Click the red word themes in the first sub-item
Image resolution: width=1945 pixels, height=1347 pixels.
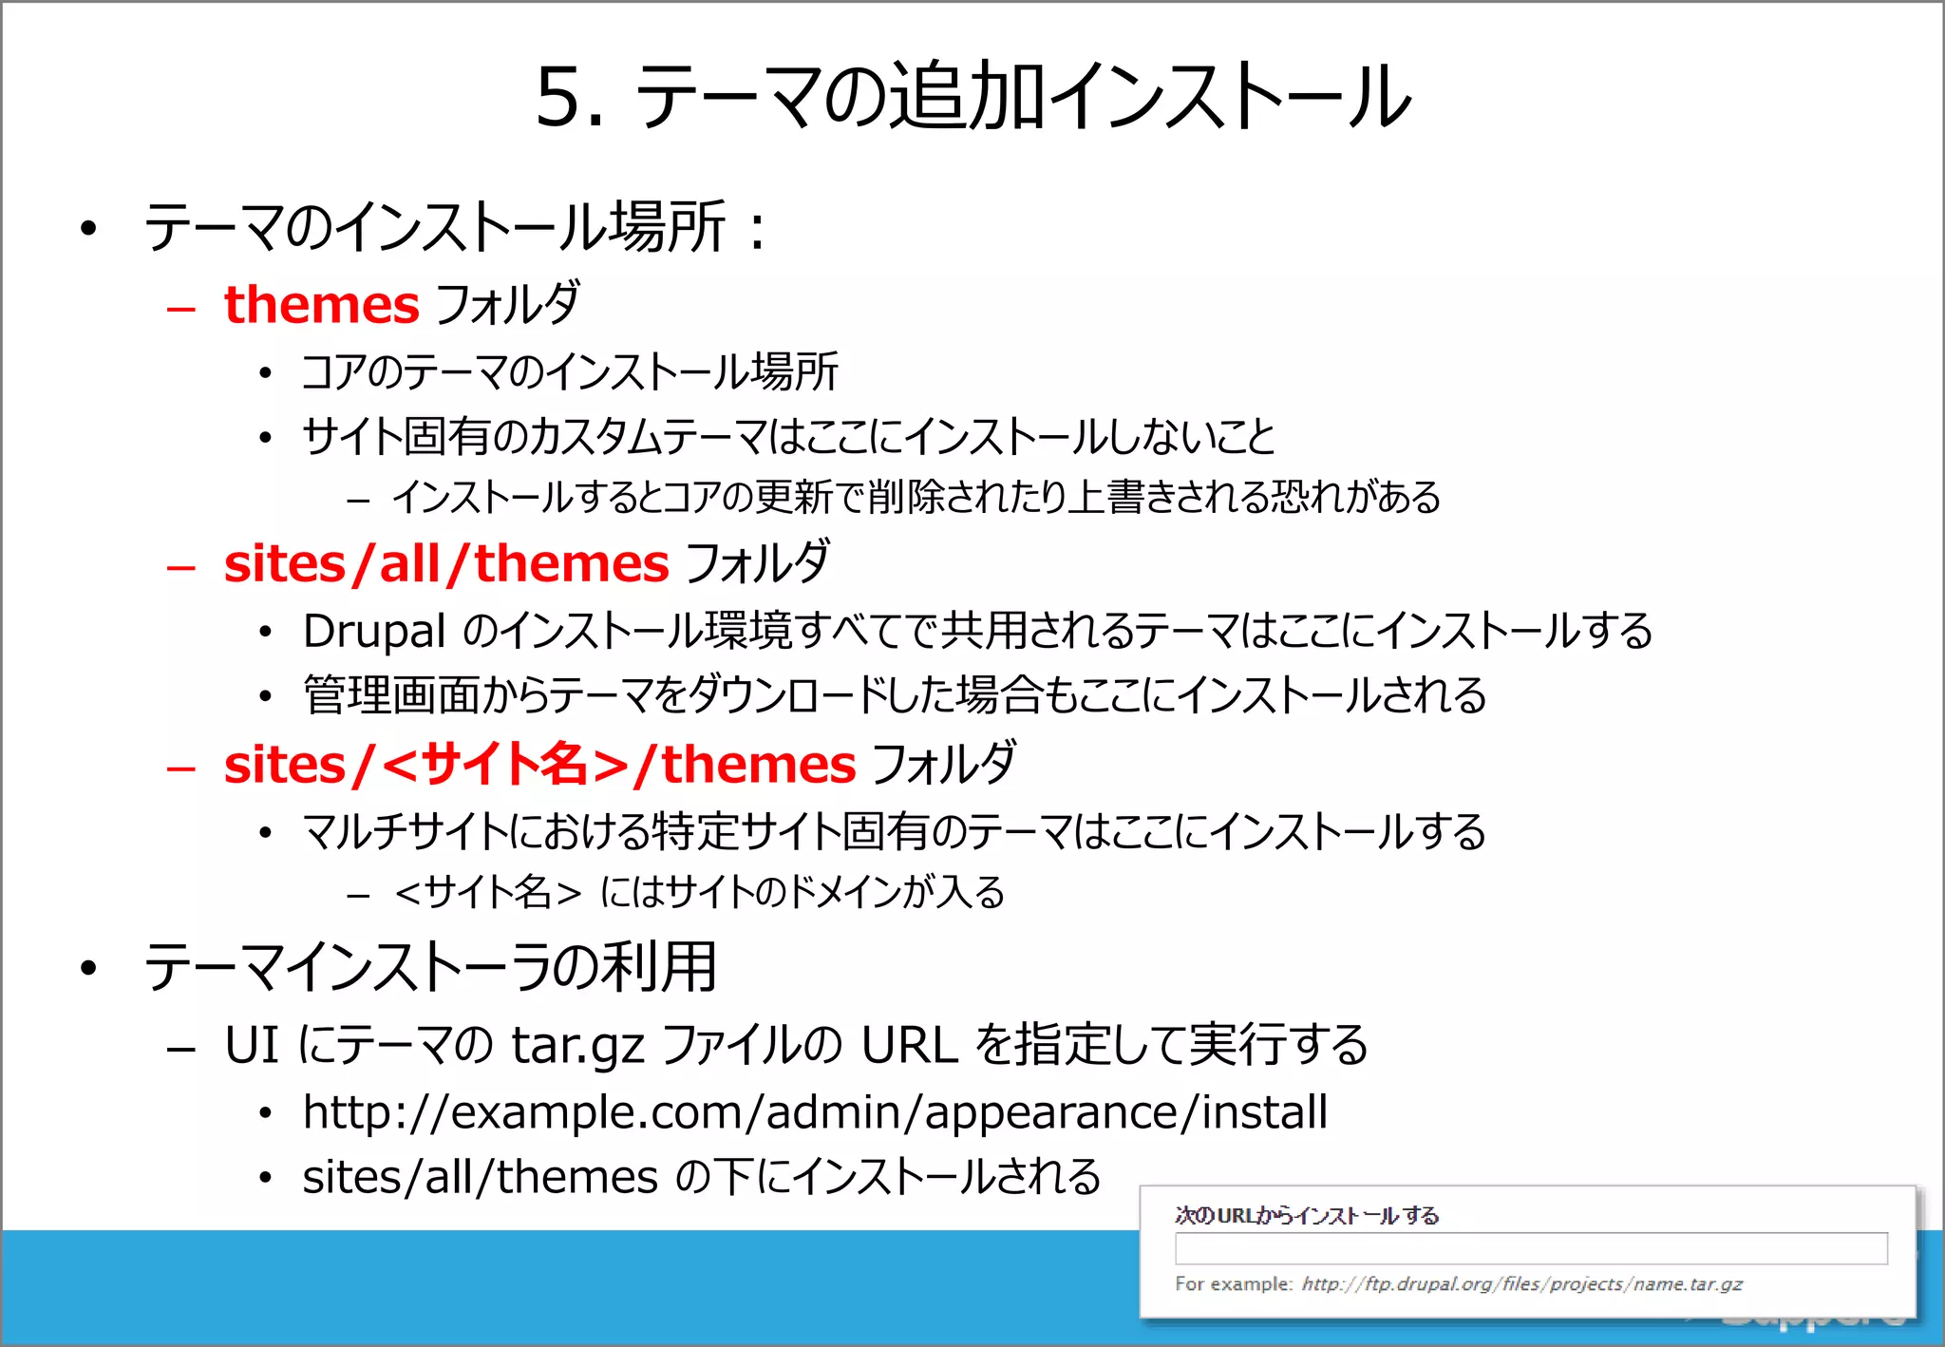pyautogui.click(x=321, y=305)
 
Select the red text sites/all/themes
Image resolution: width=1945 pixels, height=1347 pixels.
pyautogui.click(x=446, y=564)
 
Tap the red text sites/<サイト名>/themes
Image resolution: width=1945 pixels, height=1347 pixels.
pyautogui.click(x=539, y=765)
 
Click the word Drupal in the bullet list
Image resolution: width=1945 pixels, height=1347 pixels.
pyautogui.click(x=373, y=632)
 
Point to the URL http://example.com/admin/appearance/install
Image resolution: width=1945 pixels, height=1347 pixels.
pyautogui.click(x=815, y=1112)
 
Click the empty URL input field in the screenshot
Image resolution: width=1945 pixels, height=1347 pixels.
pyautogui.click(x=1530, y=1248)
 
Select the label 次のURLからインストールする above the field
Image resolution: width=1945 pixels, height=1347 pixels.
pyautogui.click(x=1306, y=1216)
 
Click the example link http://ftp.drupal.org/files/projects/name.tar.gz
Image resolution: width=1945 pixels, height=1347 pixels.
pyautogui.click(x=1521, y=1284)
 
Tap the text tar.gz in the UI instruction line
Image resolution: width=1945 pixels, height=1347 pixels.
pyautogui.click(x=577, y=1046)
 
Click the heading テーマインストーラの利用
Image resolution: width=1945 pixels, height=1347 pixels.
pyautogui.click(x=430, y=968)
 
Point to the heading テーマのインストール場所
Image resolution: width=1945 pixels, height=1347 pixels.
pyautogui.click(x=435, y=228)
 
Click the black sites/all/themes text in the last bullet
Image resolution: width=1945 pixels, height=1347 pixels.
pyautogui.click(x=480, y=1178)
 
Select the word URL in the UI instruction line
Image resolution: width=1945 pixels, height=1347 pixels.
pyautogui.click(x=909, y=1046)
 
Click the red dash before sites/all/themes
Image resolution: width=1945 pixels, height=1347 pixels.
pyautogui.click(x=180, y=567)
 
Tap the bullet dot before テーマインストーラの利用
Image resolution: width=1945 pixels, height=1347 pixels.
pyautogui.click(x=89, y=969)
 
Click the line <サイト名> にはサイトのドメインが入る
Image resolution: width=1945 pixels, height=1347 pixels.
pyautogui.click(x=699, y=893)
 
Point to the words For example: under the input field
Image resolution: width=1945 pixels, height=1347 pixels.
pyautogui.click(x=1233, y=1284)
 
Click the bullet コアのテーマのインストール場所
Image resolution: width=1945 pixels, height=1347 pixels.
pyautogui.click(x=570, y=372)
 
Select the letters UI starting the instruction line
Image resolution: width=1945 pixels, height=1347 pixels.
pyautogui.click(x=252, y=1046)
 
